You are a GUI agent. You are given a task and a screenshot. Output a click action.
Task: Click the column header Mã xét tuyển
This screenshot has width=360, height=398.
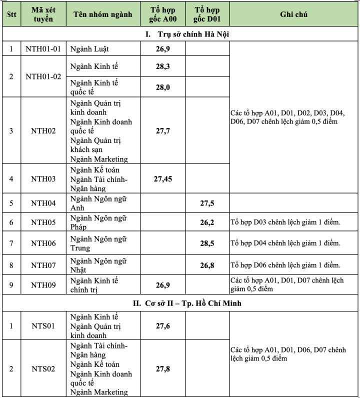[43, 14]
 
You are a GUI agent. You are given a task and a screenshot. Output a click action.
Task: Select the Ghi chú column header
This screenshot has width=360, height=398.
[293, 14]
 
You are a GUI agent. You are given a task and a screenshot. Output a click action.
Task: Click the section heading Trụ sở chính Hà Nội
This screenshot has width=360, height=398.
[187, 34]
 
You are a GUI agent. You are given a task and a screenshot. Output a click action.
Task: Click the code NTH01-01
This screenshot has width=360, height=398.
[43, 49]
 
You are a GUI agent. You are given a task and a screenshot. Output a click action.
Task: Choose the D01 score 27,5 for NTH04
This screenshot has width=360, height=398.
[207, 203]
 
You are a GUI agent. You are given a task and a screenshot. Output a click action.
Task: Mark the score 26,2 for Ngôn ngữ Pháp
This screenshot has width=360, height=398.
[207, 222]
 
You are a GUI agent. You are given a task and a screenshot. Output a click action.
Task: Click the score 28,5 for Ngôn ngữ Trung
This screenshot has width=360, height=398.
[207, 243]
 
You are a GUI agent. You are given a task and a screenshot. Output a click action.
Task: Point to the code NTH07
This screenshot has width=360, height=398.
[43, 265]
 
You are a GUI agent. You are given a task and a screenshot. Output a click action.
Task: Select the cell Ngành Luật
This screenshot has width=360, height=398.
[90, 49]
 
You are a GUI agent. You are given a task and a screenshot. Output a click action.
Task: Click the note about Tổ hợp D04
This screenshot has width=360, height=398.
[285, 243]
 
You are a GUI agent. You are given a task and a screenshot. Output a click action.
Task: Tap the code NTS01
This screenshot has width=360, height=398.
[43, 325]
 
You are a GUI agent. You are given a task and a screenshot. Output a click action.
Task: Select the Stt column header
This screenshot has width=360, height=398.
[11, 14]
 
